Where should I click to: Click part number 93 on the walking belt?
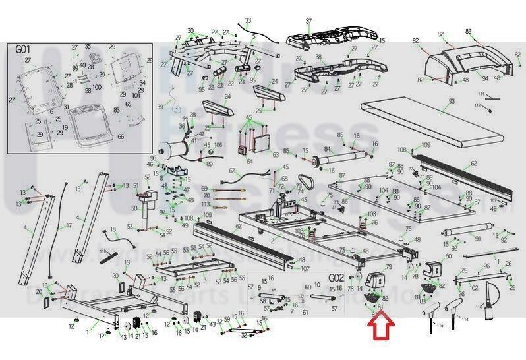(x=452, y=101)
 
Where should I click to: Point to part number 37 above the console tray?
(x=308, y=22)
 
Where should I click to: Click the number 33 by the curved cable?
(x=248, y=20)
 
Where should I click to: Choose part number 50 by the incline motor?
(x=134, y=209)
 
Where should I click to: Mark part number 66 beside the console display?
(x=121, y=136)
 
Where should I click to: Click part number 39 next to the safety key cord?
(x=160, y=107)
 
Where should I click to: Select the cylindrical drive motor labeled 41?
(x=177, y=143)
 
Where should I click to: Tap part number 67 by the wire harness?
(x=232, y=171)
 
